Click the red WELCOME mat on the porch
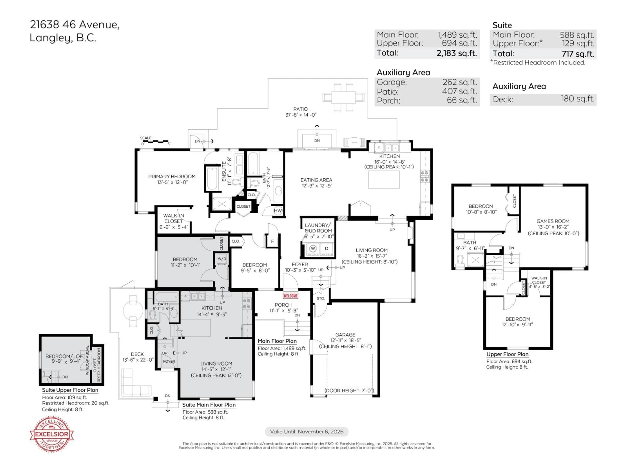[290, 296]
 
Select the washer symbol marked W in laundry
[313, 248]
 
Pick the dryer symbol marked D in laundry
[326, 248]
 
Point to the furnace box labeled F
[272, 242]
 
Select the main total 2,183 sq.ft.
[456, 53]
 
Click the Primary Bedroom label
[172, 177]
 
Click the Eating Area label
[316, 180]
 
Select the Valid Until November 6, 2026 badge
[306, 432]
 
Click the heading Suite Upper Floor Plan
[70, 390]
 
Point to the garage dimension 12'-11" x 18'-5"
[345, 340]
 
